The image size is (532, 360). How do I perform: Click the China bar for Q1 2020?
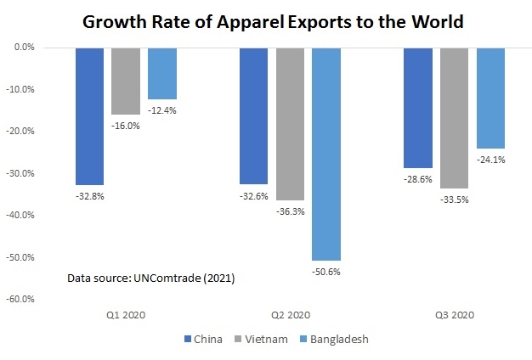(x=89, y=116)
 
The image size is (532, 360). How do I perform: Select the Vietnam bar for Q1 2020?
(x=126, y=82)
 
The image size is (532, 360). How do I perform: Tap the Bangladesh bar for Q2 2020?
(x=326, y=154)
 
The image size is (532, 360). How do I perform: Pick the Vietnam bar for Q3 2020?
(x=454, y=118)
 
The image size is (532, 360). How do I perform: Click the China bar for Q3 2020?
(x=417, y=108)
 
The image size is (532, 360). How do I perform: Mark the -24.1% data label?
(x=491, y=160)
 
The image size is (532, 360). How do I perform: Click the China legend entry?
(x=203, y=339)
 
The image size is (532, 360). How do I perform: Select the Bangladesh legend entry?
(x=334, y=339)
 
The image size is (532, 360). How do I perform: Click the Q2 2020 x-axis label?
(x=291, y=315)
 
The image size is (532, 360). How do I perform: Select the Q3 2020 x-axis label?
(x=455, y=315)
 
